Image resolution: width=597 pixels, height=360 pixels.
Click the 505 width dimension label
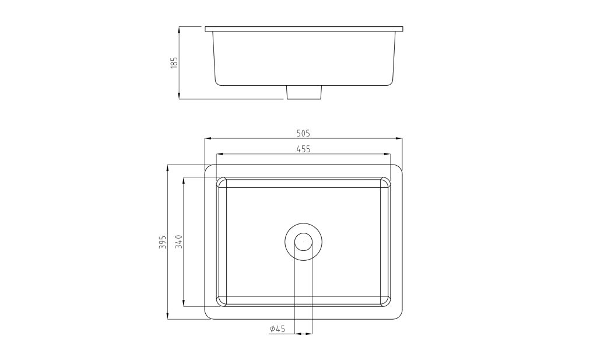pyautogui.click(x=303, y=134)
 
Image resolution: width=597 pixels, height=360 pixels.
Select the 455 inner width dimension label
pyautogui.click(x=303, y=149)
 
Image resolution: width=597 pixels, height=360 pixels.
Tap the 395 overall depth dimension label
pyautogui.click(x=163, y=242)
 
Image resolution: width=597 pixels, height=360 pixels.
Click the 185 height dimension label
pyautogui.click(x=174, y=62)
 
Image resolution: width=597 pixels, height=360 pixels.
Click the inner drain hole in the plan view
pyautogui.click(x=303, y=242)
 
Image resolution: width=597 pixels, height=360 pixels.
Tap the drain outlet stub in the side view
pyautogui.click(x=304, y=92)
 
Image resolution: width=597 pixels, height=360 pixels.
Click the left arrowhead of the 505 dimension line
pyautogui.click(x=208, y=139)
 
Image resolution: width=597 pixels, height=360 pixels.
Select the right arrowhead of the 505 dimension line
pyautogui.click(x=399, y=139)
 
